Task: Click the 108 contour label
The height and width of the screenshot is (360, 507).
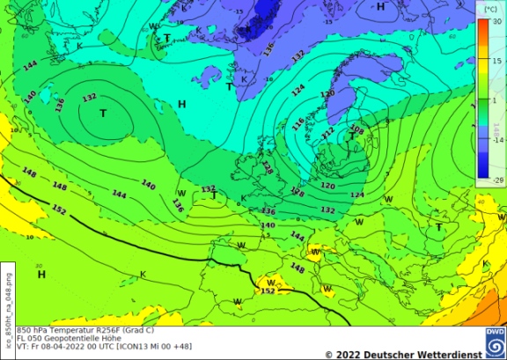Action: [x=356, y=129]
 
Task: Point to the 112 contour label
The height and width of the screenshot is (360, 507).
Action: [x=328, y=134]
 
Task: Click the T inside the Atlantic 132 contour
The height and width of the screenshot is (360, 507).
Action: [x=103, y=114]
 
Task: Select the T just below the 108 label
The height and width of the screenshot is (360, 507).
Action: [x=352, y=137]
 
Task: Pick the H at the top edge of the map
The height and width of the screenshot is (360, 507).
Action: [x=381, y=7]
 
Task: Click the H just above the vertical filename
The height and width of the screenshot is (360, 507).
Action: [x=41, y=276]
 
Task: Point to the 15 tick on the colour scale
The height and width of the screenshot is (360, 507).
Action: [x=498, y=62]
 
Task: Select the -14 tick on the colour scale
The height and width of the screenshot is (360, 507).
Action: [x=498, y=140]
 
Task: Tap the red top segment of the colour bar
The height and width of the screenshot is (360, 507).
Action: [x=482, y=30]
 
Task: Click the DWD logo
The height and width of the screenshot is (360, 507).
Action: [x=496, y=342]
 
